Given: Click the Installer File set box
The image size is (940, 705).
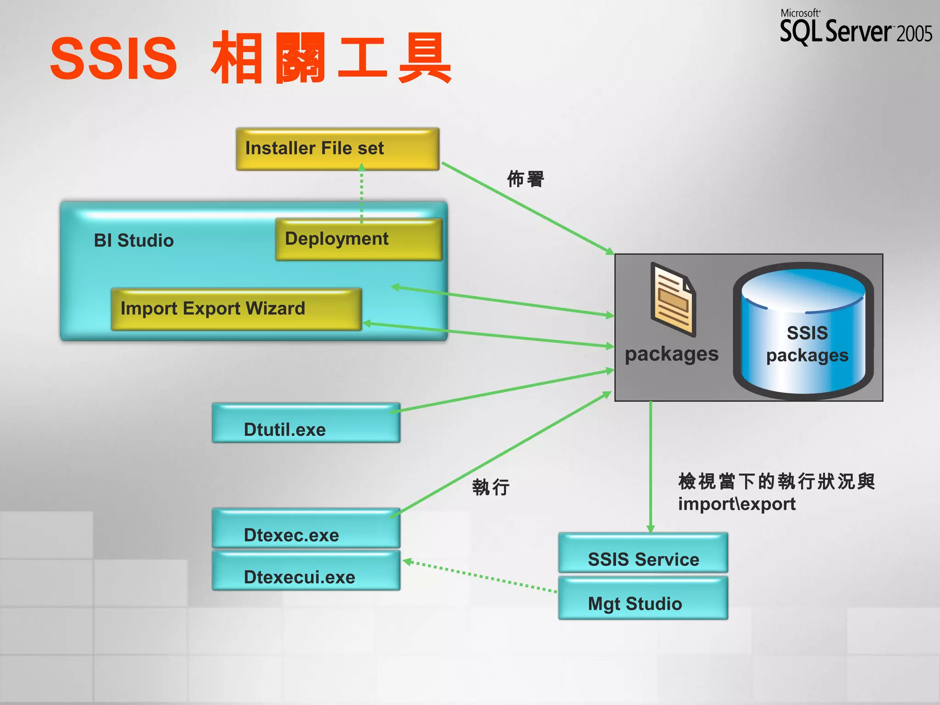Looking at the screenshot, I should tap(337, 149).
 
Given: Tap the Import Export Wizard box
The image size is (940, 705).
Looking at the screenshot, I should tap(236, 309).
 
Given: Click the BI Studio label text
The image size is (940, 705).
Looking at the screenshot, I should tap(134, 241).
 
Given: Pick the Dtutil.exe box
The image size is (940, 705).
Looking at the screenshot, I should tap(306, 423).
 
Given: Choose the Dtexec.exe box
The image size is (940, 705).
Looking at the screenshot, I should tap(306, 529).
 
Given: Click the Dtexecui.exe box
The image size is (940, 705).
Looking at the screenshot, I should tap(306, 571).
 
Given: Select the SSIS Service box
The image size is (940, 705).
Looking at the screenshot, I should tap(643, 553).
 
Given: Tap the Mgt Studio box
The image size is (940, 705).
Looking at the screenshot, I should tap(643, 599).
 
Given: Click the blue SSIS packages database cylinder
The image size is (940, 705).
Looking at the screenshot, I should tap(804, 330).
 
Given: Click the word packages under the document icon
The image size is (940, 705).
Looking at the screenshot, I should tap(671, 354).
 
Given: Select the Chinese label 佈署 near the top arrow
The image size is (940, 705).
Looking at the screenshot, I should tap(525, 179).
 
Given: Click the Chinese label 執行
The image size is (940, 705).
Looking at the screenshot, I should tap(491, 487).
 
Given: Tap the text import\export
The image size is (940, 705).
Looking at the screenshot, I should tap(737, 504).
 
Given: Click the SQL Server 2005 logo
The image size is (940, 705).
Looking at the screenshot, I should tap(856, 28).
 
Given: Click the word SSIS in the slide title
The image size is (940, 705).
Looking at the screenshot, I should tap(113, 58).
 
